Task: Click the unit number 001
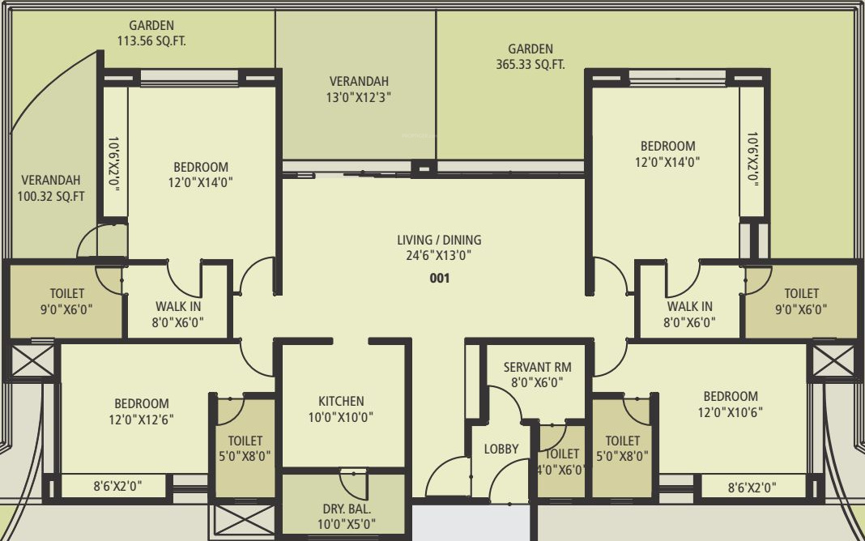439,278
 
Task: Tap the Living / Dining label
439,240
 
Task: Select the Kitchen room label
341,401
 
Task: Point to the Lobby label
501,449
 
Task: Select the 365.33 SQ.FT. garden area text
531,65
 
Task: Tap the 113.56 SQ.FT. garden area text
151,41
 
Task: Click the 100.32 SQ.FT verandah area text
53,195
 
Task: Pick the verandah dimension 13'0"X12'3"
359,97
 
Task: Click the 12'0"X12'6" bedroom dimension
142,419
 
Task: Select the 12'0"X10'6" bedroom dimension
731,412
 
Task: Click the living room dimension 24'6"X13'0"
439,255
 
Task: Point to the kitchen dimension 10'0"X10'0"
341,417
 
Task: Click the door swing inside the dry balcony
353,483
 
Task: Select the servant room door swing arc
507,402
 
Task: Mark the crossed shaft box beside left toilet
31,360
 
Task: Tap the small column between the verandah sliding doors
423,168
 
